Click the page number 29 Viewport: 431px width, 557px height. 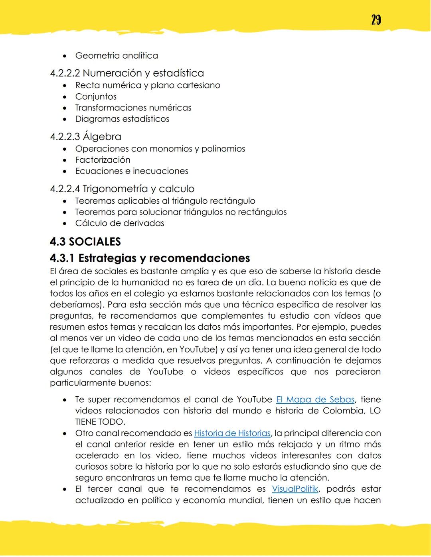pyautogui.click(x=376, y=20)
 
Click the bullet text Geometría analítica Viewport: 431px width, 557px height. pyautogui.click(x=116, y=56)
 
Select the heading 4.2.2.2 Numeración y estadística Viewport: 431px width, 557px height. pyautogui.click(x=127, y=73)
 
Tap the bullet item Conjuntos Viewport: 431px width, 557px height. pyautogui.click(x=96, y=96)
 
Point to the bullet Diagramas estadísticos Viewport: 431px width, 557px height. pyautogui.click(x=122, y=119)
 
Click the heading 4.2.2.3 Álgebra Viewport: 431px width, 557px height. pyautogui.click(x=85, y=137)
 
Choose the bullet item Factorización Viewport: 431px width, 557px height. pyautogui.click(x=103, y=160)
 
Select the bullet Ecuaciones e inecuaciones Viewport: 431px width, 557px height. pyautogui.click(x=132, y=171)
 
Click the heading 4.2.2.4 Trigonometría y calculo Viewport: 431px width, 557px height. pyautogui.click(x=122, y=189)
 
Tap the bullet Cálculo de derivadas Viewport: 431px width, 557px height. pyautogui.click(x=119, y=223)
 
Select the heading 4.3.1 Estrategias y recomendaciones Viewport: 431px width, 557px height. pyautogui.click(x=150, y=258)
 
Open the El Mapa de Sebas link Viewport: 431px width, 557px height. pyautogui.click(x=315, y=400)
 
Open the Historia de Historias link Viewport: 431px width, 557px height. pyautogui.click(x=232, y=433)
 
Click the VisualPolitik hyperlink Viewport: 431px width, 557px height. pyautogui.click(x=295, y=489)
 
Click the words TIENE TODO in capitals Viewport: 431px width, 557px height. pyautogui.click(x=100, y=422)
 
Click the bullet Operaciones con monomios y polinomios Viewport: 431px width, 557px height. pyautogui.click(x=160, y=149)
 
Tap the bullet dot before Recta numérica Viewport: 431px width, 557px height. pyautogui.click(x=65, y=86)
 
